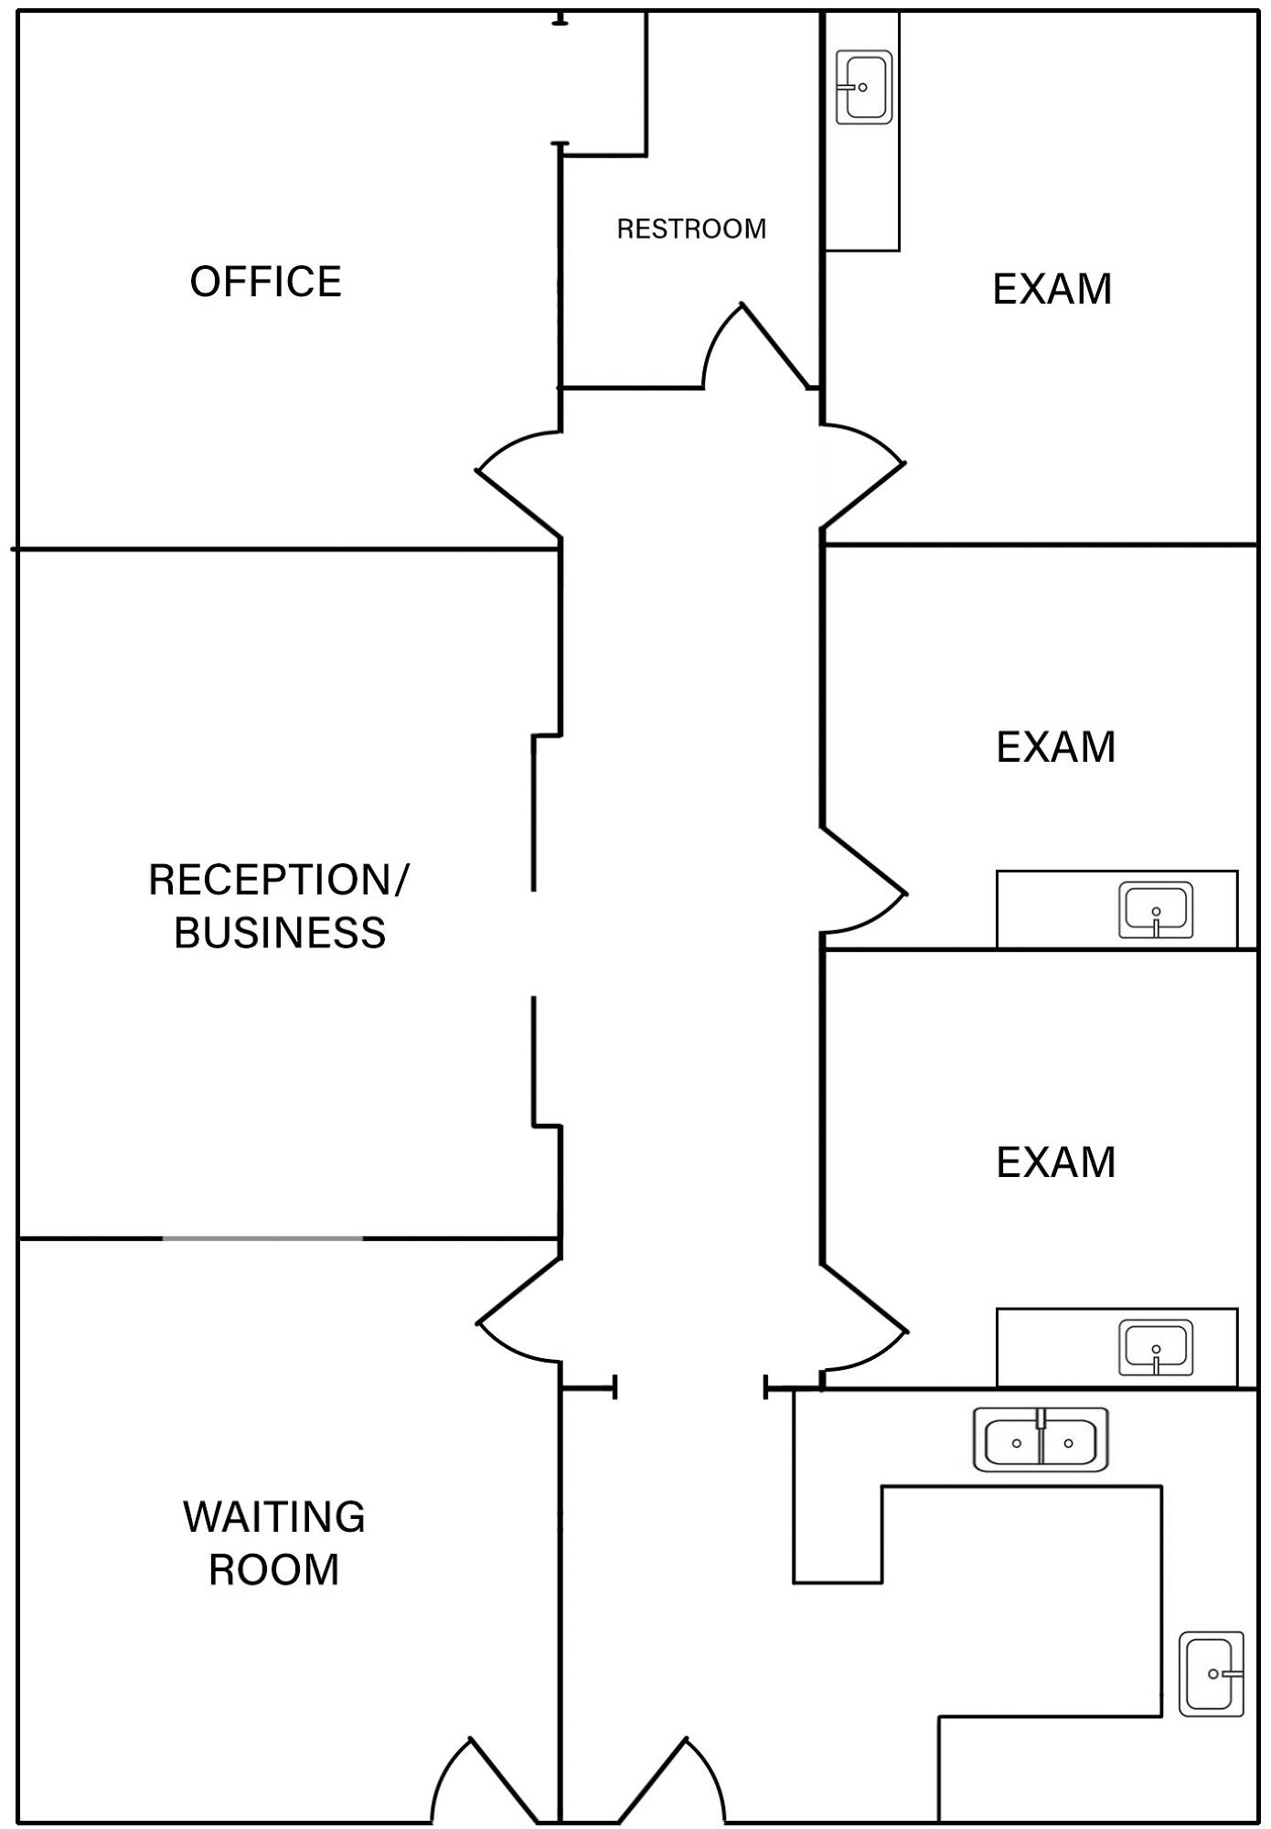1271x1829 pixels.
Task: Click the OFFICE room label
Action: point(265,282)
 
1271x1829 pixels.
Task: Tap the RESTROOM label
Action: point(691,229)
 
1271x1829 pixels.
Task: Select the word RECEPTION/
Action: point(278,880)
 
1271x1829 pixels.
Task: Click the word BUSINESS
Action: point(280,933)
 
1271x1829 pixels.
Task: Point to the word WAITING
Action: point(274,1517)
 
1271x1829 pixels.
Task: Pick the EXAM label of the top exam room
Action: point(1052,289)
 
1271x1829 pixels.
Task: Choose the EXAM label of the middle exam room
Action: point(1055,747)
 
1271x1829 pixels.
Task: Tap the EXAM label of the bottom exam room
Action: point(1055,1162)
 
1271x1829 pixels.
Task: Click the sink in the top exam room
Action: point(864,87)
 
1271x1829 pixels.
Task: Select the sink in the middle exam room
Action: point(1156,911)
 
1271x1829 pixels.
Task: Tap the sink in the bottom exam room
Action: point(1156,1348)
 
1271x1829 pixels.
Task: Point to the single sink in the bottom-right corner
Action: point(1211,1674)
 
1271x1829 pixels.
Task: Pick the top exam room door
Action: point(864,476)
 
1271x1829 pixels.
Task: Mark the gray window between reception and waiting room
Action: point(262,1238)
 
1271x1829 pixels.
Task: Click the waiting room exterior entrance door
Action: point(485,1783)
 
